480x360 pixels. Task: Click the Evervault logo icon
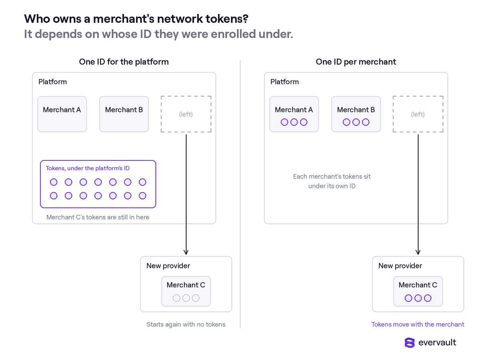click(409, 342)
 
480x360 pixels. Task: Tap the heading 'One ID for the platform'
click(124, 62)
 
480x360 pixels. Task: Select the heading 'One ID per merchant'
click(356, 62)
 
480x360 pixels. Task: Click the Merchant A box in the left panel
click(62, 114)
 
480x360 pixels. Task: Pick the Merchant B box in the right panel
click(356, 114)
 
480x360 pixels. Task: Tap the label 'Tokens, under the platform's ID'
click(88, 168)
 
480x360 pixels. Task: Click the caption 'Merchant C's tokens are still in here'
click(98, 217)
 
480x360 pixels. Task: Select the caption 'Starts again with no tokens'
click(186, 324)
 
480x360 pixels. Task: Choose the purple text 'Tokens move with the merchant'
click(418, 324)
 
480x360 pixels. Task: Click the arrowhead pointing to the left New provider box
click(186, 252)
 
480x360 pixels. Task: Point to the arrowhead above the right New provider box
click(418, 252)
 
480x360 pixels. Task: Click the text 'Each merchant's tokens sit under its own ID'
click(332, 181)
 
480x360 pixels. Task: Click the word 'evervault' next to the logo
click(437, 342)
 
